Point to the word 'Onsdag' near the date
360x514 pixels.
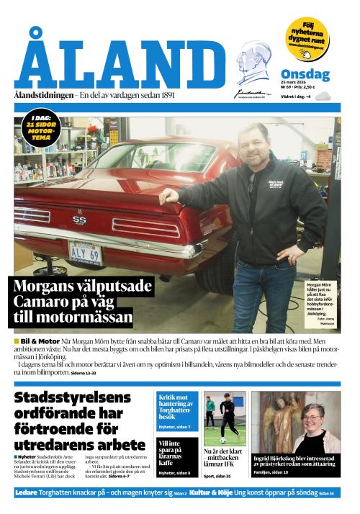click(x=305, y=74)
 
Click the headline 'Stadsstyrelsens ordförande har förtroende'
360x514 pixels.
click(x=72, y=419)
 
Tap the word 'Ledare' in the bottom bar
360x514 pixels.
click(x=27, y=493)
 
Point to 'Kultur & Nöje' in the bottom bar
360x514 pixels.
click(x=215, y=493)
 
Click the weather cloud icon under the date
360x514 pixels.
click(x=321, y=96)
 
